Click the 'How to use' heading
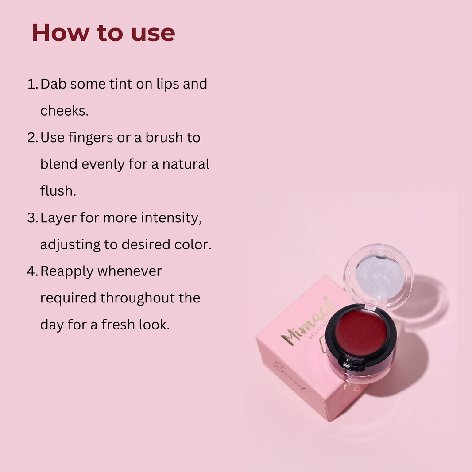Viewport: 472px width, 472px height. (103, 33)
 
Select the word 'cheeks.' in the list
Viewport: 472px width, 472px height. (65, 111)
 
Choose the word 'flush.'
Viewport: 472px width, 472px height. (58, 191)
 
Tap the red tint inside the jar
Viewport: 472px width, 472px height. (360, 332)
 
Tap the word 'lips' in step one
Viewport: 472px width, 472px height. (167, 84)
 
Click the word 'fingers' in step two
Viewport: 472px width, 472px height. (91, 138)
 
